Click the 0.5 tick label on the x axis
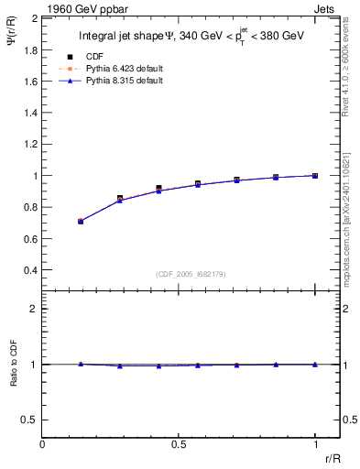[178, 442]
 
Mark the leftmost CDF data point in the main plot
[81, 221]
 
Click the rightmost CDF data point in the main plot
[315, 175]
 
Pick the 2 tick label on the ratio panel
[34, 309]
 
